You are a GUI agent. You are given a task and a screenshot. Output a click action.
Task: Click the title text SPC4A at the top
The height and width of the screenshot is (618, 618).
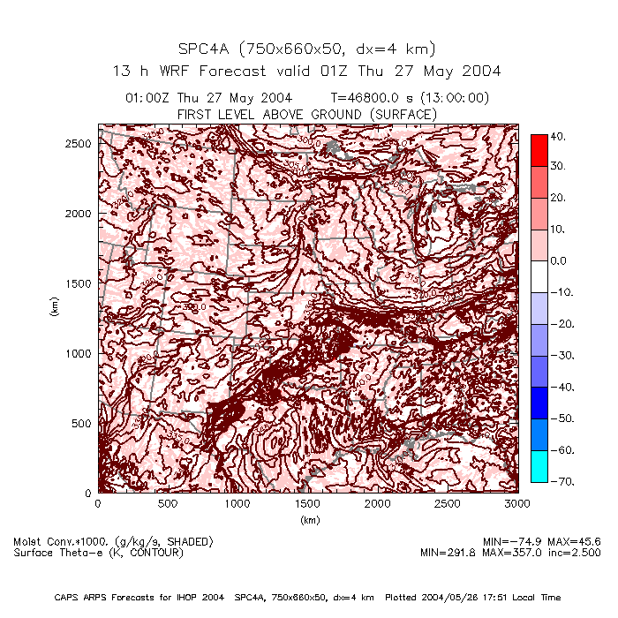[205, 49]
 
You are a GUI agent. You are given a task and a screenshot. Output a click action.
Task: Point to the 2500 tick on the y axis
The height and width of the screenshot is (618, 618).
[79, 143]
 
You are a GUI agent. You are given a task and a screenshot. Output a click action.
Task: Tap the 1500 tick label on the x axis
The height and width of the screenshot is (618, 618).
[308, 503]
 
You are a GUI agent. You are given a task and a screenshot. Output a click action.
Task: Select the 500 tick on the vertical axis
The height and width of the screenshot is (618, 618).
[83, 423]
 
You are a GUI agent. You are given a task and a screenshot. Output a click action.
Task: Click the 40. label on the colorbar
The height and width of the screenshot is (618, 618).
[557, 136]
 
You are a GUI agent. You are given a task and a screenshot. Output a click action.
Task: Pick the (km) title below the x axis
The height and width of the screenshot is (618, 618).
[308, 520]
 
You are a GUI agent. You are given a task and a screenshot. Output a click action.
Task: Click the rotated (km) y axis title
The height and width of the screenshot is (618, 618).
[54, 308]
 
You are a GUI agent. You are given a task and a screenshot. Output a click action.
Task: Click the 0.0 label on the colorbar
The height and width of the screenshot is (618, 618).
[559, 261]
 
